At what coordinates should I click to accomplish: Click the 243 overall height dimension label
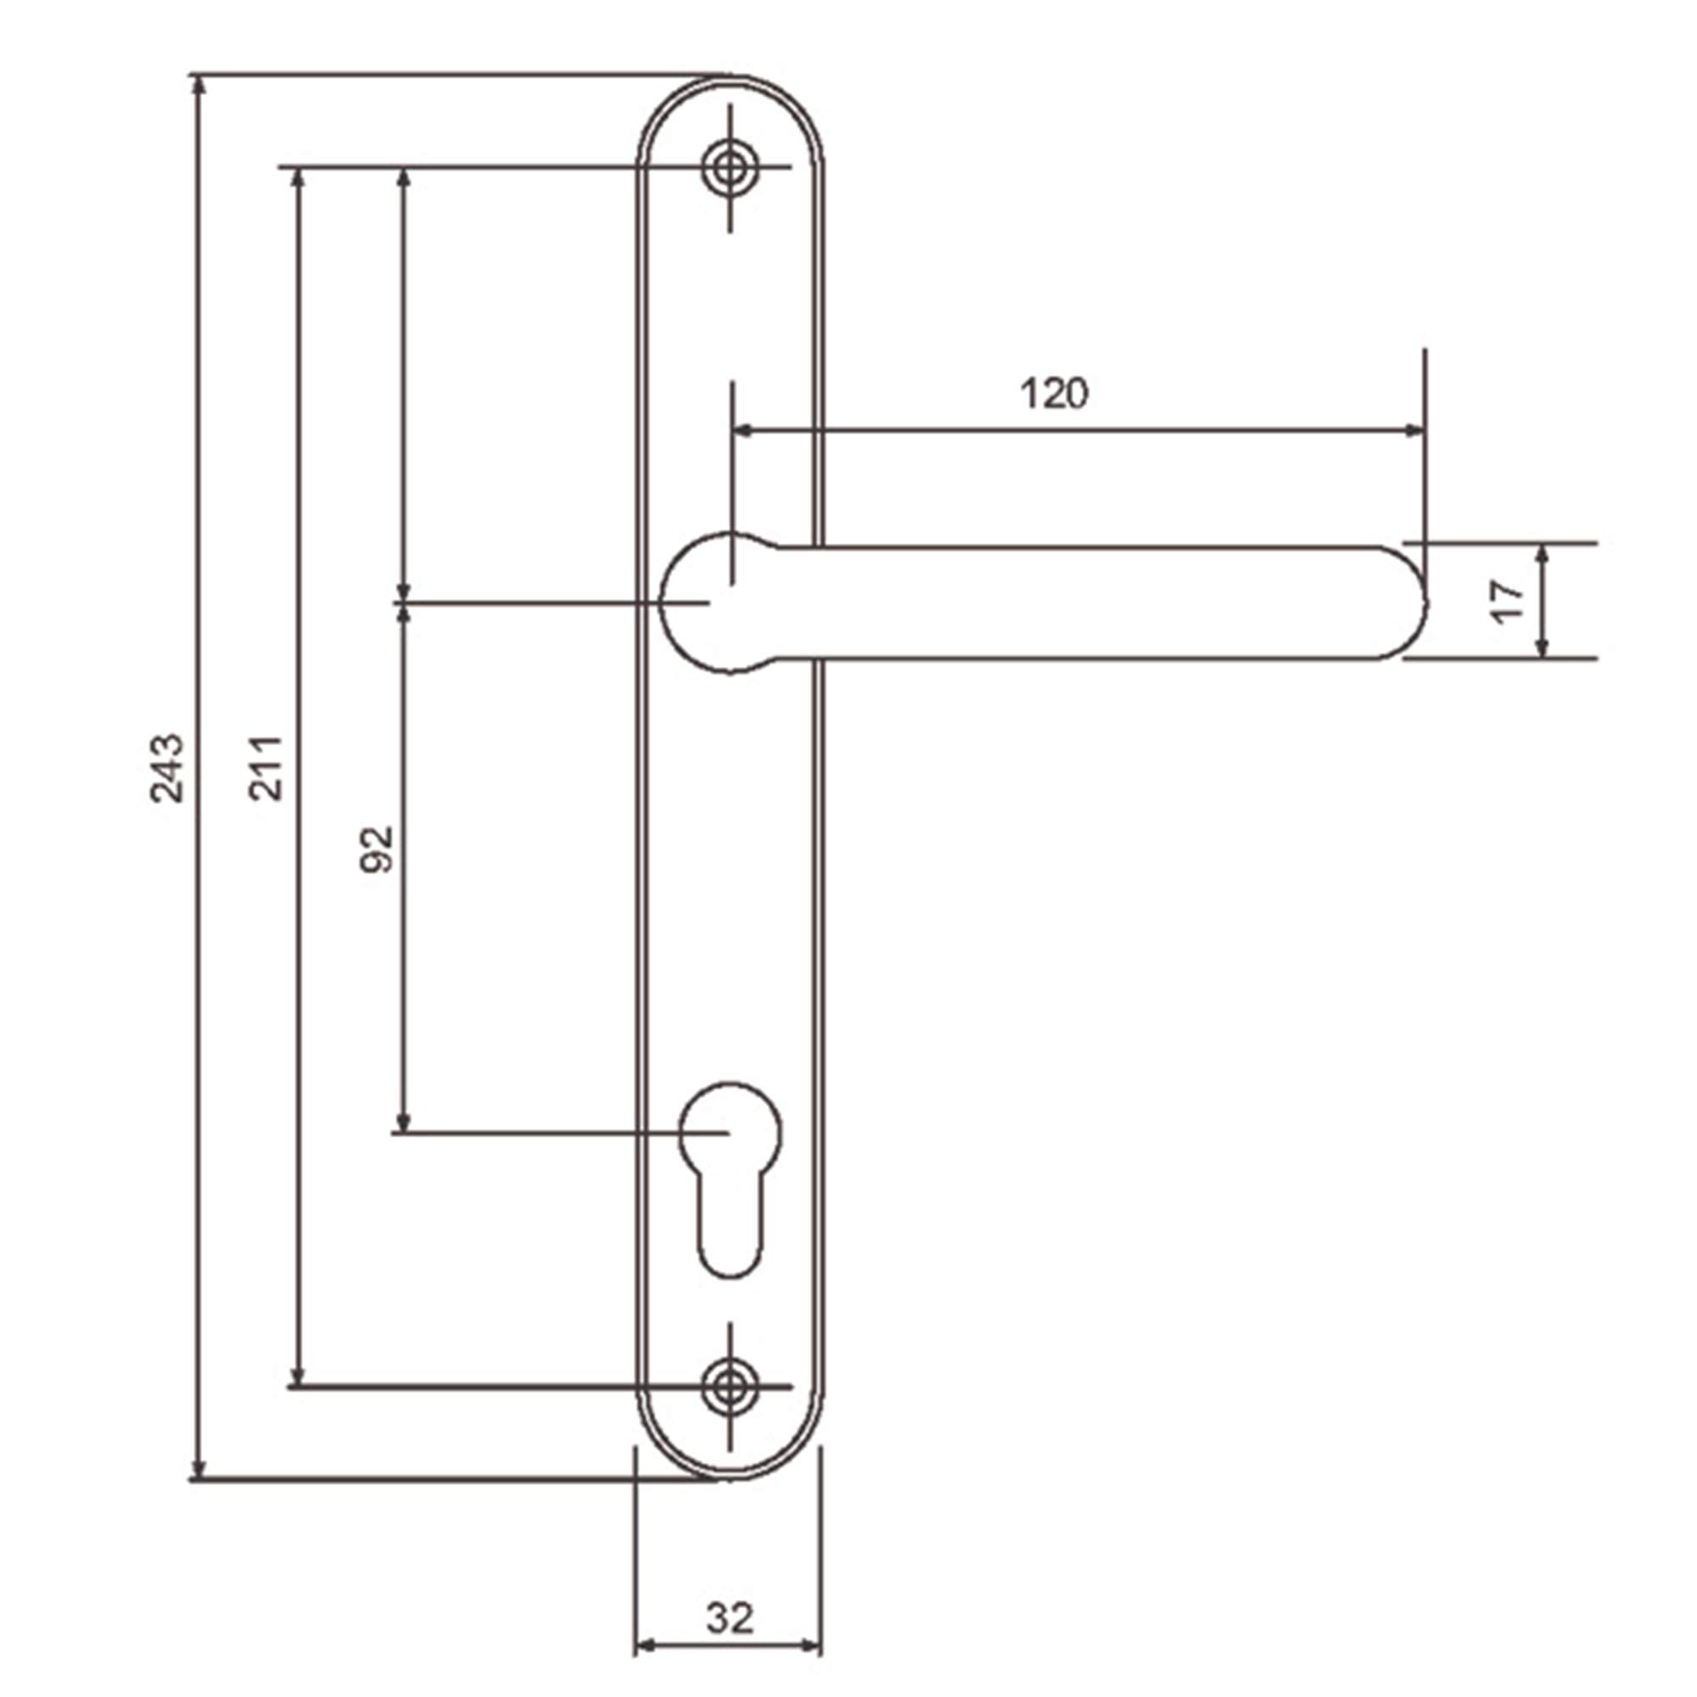tap(166, 768)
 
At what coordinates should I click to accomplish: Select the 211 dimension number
tap(266, 768)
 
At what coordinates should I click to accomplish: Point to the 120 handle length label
tap(1053, 393)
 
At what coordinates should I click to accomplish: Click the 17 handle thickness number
tap(1509, 602)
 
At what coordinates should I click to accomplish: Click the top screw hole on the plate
tap(731, 166)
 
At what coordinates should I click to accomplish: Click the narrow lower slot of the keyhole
tap(731, 1228)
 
